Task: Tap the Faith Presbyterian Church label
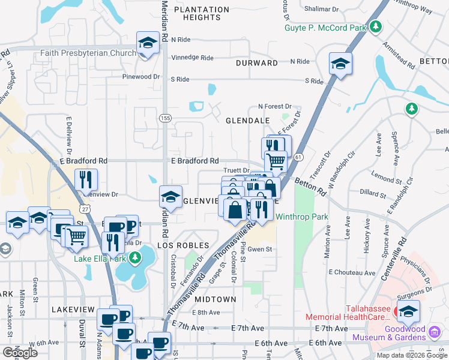(88, 53)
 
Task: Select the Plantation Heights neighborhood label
(202, 14)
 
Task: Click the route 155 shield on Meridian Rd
(165, 119)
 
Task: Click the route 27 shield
(86, 208)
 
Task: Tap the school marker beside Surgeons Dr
(408, 311)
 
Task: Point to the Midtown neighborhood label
(215, 299)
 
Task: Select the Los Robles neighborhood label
(182, 245)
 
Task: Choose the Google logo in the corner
(20, 352)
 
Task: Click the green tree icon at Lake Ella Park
(136, 258)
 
